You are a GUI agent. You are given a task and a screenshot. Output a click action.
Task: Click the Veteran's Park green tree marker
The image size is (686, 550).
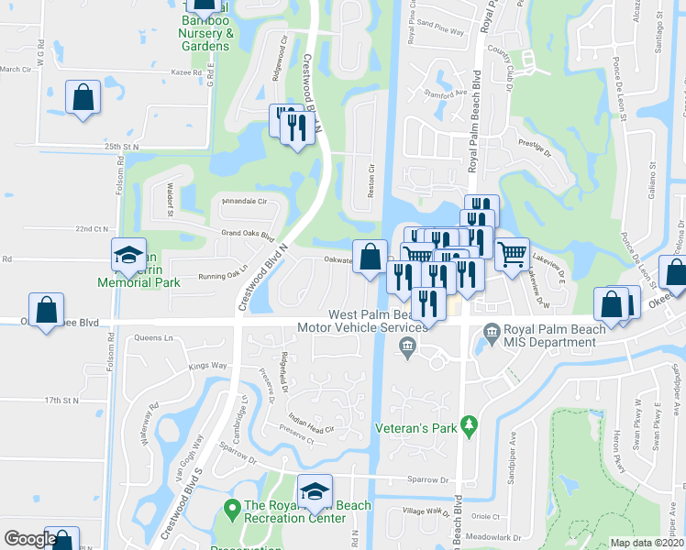pos(469,425)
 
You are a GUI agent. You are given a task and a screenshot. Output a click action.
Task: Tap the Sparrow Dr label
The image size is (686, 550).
pos(430,478)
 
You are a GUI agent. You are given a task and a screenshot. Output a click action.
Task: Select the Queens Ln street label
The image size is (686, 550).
pos(153,337)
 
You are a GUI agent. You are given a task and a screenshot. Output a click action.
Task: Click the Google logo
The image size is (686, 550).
pos(30,539)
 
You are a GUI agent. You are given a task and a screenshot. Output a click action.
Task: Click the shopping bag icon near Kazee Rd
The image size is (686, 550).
pos(83,99)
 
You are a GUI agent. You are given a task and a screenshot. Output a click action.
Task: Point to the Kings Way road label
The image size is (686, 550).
pos(206,366)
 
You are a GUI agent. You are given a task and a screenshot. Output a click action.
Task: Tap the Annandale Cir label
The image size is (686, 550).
pos(244,201)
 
